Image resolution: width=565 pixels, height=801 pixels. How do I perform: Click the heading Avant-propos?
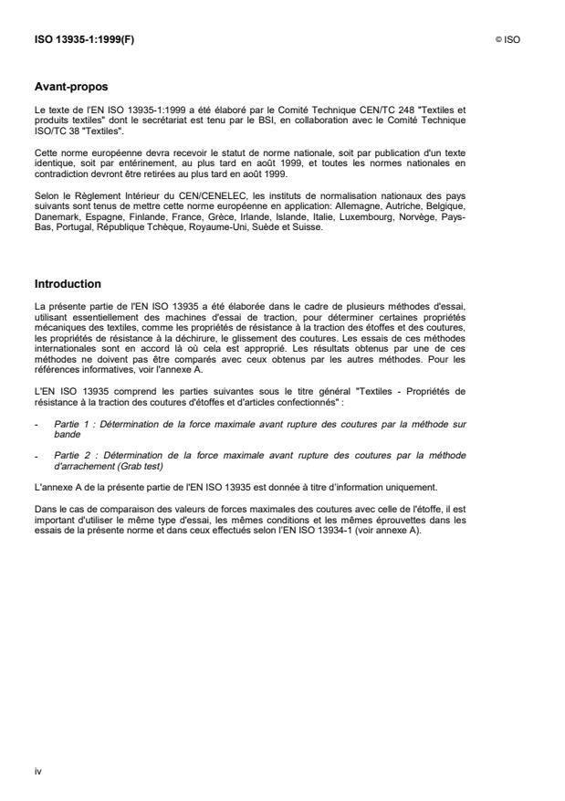[x=70, y=87]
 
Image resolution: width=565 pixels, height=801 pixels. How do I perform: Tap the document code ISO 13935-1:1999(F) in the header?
[x=83, y=40]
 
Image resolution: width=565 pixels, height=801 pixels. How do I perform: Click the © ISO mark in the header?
[x=507, y=40]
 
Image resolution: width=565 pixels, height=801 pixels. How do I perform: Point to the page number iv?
[x=37, y=771]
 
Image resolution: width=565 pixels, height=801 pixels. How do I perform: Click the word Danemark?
[x=55, y=202]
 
